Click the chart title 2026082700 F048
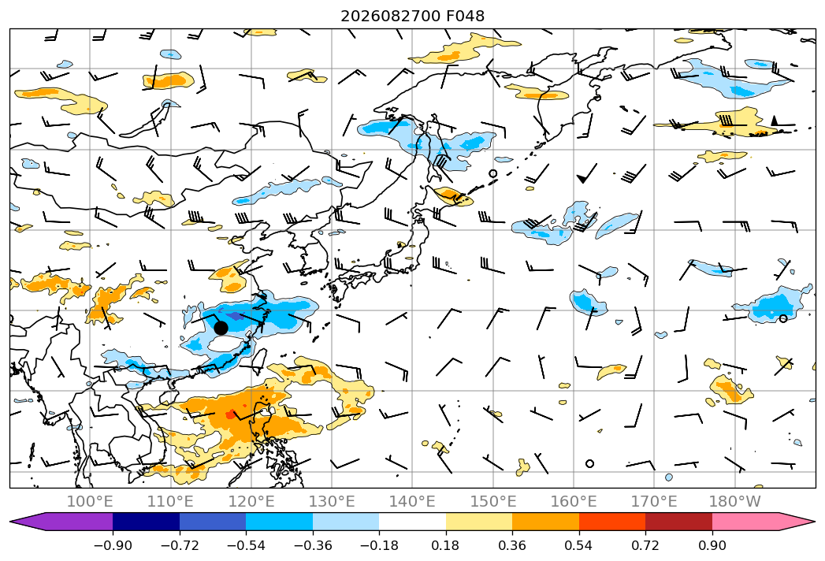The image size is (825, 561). click(413, 17)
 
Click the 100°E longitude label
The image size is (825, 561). click(90, 501)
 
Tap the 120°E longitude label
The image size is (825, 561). click(251, 501)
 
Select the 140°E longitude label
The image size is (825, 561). click(412, 501)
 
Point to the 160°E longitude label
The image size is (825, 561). click(574, 501)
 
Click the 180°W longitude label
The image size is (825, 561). click(734, 501)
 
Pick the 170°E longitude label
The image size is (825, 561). click(654, 501)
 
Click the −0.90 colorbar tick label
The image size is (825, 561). click(113, 545)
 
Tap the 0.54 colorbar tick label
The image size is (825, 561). click(579, 545)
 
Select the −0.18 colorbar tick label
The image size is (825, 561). click(379, 545)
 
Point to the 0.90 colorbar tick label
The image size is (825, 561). click(712, 545)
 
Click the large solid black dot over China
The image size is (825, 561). click(221, 328)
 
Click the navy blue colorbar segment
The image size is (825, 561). click(146, 522)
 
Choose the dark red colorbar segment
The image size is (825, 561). click(678, 522)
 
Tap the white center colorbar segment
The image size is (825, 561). click(413, 522)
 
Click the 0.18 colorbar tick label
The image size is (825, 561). click(446, 545)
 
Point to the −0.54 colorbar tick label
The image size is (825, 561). click(246, 545)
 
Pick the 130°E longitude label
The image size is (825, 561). click(332, 501)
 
